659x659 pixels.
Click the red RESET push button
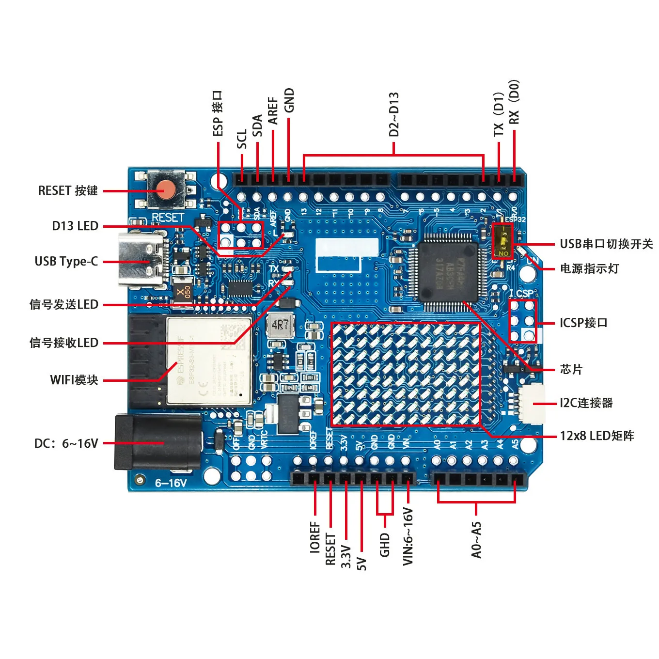(167, 190)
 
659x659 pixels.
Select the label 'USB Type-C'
(66, 262)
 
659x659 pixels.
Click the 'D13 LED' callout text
(75, 226)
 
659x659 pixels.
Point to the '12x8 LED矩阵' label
(597, 436)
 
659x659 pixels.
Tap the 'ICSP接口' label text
(583, 323)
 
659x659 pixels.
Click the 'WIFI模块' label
(74, 380)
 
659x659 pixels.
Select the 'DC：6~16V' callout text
(66, 444)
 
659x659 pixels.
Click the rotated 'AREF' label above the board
(273, 110)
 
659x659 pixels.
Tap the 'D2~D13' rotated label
(394, 114)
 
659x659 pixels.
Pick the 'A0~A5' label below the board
(476, 540)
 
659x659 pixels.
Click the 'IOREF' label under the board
(315, 537)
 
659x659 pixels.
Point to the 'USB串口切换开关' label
(606, 244)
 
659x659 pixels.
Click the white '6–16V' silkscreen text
(171, 483)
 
